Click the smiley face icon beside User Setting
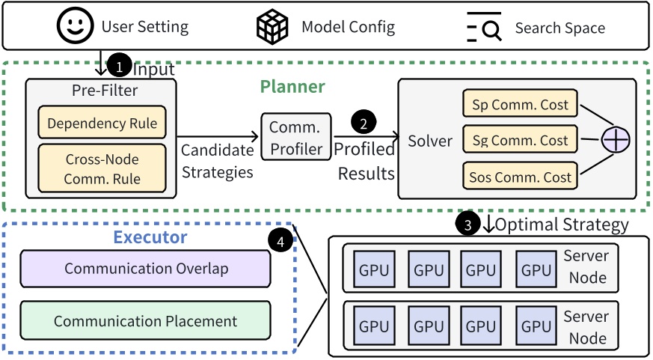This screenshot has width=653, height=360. point(76,27)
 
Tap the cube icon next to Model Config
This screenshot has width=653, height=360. point(273,27)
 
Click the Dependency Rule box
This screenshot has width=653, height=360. point(102,123)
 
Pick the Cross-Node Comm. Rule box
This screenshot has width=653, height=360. point(102,168)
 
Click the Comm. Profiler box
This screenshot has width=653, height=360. point(295,138)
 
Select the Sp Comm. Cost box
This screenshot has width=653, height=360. point(520,105)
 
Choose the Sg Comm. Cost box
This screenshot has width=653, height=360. point(520,141)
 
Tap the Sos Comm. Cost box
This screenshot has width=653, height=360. point(520,177)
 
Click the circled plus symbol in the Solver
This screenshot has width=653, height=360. point(617,140)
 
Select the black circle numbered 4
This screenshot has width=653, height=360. point(279,241)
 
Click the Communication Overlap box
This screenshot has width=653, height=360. point(145,269)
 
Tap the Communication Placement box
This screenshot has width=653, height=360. point(145,321)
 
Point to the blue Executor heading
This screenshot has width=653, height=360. point(150,238)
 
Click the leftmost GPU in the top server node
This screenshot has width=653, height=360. point(375,270)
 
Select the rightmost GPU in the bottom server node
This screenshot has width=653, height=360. point(536,326)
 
